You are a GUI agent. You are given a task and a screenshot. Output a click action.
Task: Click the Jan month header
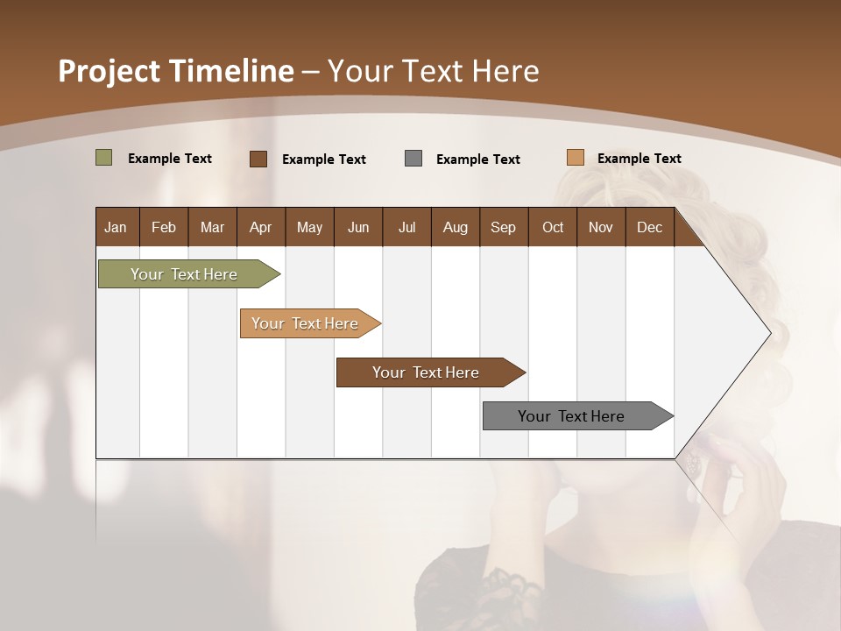[x=116, y=227]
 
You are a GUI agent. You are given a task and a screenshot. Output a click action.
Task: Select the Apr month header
[x=260, y=227]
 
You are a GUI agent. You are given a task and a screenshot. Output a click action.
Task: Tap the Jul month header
[x=406, y=227]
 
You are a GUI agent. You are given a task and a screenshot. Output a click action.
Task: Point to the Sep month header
[x=503, y=227]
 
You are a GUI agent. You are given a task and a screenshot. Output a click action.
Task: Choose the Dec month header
[x=649, y=227]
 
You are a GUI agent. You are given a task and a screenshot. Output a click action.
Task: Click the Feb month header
[x=164, y=227]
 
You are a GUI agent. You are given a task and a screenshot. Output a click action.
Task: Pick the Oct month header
[x=553, y=227]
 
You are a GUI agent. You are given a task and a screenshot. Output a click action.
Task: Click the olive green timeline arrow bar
[x=184, y=274]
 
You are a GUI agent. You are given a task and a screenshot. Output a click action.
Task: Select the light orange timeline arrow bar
[x=305, y=323]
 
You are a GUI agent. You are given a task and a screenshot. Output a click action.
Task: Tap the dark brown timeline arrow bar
[x=426, y=372]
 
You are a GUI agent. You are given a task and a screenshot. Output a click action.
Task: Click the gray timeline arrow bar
[x=571, y=416]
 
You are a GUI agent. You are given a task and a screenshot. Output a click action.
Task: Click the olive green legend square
[x=103, y=158]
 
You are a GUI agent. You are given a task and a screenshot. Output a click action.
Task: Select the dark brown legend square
[x=258, y=159]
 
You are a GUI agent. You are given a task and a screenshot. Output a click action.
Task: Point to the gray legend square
[x=413, y=159]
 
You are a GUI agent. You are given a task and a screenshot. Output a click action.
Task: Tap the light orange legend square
[x=575, y=158]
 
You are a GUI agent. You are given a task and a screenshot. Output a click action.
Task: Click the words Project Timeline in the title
[x=175, y=71]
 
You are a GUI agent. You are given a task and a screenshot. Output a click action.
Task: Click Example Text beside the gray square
[x=477, y=160]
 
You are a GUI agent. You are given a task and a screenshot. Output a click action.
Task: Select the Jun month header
[x=358, y=227]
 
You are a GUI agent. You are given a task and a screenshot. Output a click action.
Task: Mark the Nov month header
[x=601, y=227]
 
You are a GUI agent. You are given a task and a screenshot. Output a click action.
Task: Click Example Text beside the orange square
[x=639, y=159]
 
